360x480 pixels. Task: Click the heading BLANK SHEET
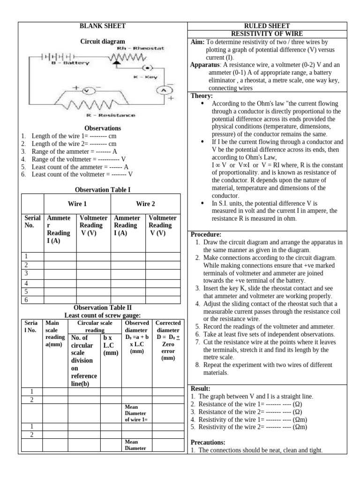click(103, 26)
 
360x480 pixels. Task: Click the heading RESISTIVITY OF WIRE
click(267, 34)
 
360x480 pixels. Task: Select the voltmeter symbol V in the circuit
click(86, 90)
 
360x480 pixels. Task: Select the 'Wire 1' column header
click(77, 204)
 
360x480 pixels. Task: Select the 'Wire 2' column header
click(145, 204)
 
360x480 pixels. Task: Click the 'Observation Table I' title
click(103, 189)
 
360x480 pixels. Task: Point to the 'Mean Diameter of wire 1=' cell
click(135, 413)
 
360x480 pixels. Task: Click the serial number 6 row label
click(26, 300)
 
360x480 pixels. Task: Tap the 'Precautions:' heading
click(208, 442)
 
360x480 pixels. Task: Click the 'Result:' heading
click(201, 389)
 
